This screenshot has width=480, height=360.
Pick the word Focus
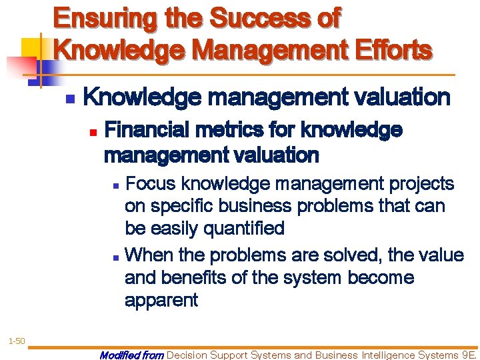[151, 183]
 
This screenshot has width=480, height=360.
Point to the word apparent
[161, 301]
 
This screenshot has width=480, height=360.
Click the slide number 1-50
[16, 341]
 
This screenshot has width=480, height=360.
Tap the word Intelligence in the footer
[374, 355]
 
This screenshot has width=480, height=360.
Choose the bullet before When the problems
[116, 256]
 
